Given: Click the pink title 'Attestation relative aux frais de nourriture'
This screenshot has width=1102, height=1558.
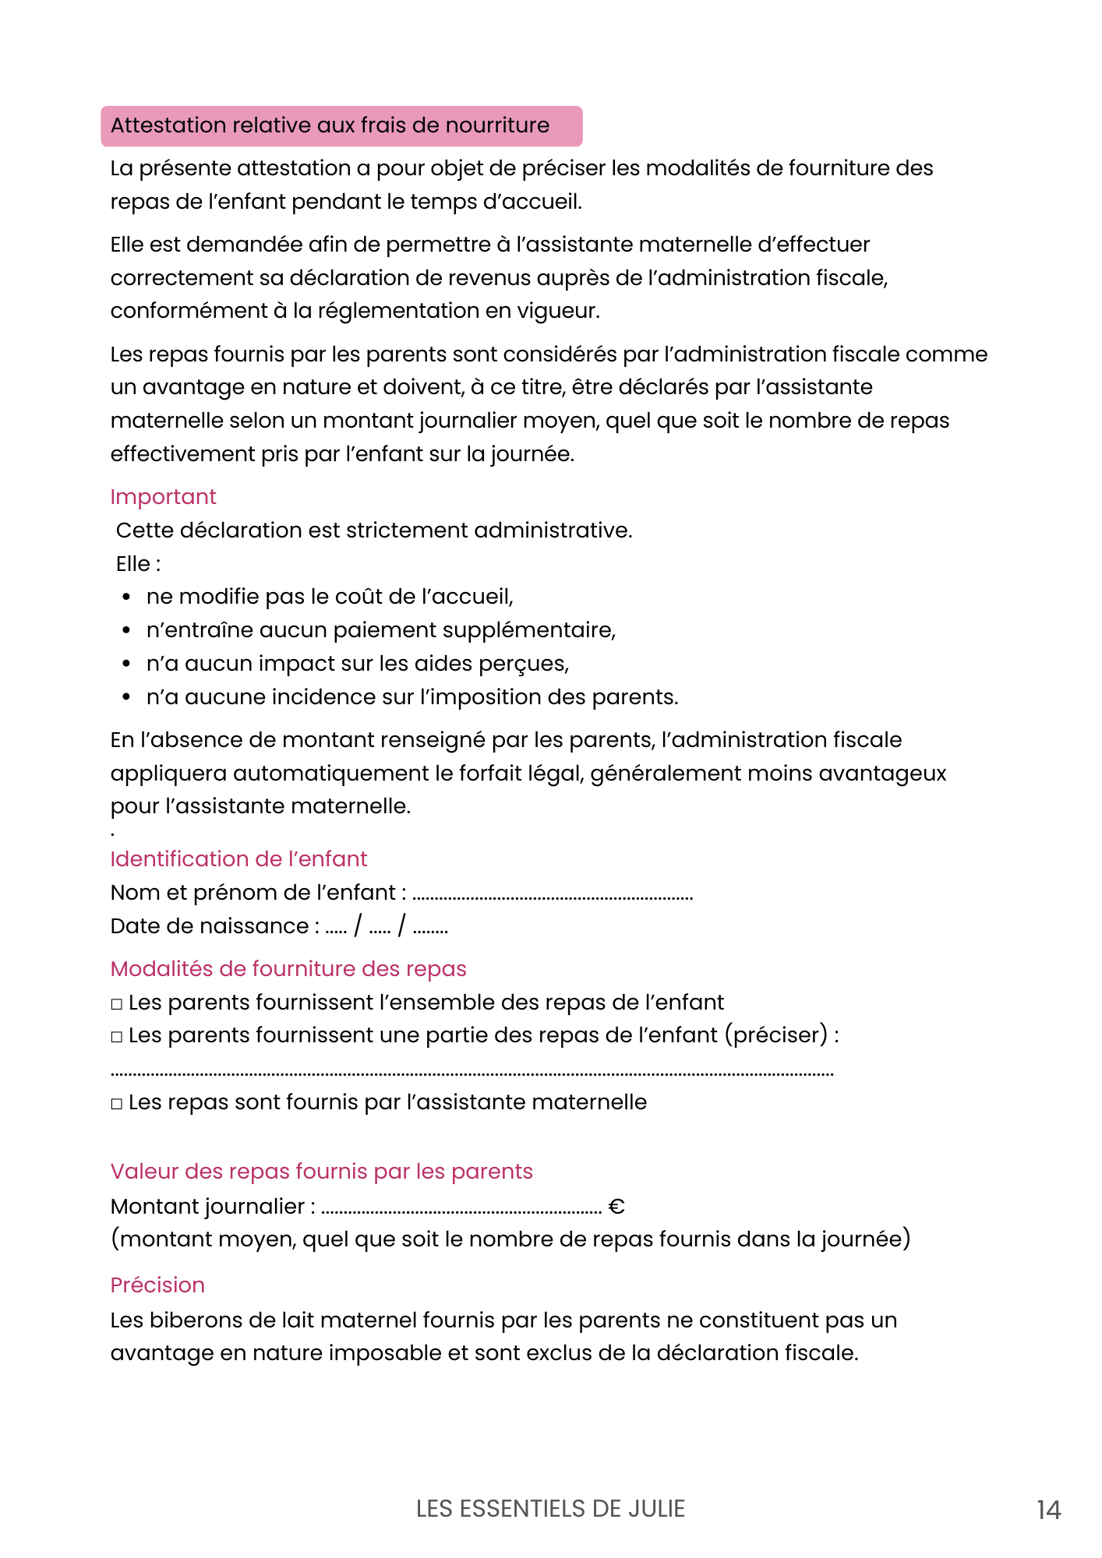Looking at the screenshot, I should click(330, 125).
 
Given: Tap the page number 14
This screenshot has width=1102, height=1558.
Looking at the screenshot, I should click(1048, 1510).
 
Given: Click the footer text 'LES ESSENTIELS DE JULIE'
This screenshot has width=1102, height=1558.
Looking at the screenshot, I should click(550, 1509).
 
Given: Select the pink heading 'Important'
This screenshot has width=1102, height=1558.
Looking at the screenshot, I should click(163, 497).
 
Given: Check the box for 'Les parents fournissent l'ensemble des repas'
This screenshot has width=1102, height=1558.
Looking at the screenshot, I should click(117, 1004).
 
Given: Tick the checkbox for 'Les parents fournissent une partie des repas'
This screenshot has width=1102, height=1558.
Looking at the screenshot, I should click(117, 1037).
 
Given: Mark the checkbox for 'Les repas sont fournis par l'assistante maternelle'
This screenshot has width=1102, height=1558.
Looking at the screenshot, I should click(117, 1104).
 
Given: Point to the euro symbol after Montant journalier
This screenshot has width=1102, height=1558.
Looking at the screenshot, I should click(616, 1207).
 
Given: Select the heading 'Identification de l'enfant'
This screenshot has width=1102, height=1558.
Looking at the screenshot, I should click(238, 859).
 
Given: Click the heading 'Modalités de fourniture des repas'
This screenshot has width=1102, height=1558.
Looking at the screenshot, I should click(288, 969).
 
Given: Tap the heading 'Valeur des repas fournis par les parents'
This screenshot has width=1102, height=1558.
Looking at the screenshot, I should click(321, 1172).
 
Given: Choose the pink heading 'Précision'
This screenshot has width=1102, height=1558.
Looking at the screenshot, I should click(157, 1285).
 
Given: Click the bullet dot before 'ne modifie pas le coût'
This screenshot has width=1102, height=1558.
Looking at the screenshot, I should click(126, 597).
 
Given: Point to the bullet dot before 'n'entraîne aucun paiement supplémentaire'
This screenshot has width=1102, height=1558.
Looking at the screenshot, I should click(126, 630).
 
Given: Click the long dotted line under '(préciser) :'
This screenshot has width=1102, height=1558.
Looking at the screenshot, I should click(472, 1074).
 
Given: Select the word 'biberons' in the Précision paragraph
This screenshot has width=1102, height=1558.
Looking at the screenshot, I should click(190, 1320).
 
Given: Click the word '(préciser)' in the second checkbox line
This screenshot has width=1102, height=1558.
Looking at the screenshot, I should click(775, 1035).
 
